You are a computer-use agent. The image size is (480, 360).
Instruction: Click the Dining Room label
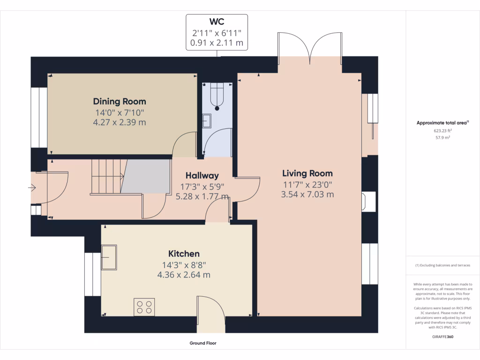(120, 101)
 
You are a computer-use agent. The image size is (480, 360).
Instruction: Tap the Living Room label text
(307, 173)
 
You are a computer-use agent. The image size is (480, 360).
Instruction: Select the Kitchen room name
(184, 254)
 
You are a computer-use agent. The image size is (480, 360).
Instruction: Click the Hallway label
(202, 176)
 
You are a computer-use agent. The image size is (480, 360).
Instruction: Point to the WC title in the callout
(217, 22)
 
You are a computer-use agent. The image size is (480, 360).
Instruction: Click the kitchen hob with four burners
(144, 307)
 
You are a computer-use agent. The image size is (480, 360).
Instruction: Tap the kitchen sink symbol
(109, 257)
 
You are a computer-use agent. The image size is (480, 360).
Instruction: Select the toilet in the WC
(217, 97)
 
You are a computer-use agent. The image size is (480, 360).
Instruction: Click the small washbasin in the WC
(207, 121)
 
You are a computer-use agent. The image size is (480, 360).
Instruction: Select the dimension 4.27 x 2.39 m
(120, 122)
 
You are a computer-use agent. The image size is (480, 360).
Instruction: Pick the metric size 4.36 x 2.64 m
(184, 275)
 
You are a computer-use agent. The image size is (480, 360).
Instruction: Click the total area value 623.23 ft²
(442, 131)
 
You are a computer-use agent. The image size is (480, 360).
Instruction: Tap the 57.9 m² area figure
(442, 138)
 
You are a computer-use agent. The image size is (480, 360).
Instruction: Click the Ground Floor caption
(203, 343)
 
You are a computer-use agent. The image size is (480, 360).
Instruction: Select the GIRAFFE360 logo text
(442, 337)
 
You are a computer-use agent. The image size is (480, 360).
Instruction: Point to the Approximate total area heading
(442, 123)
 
